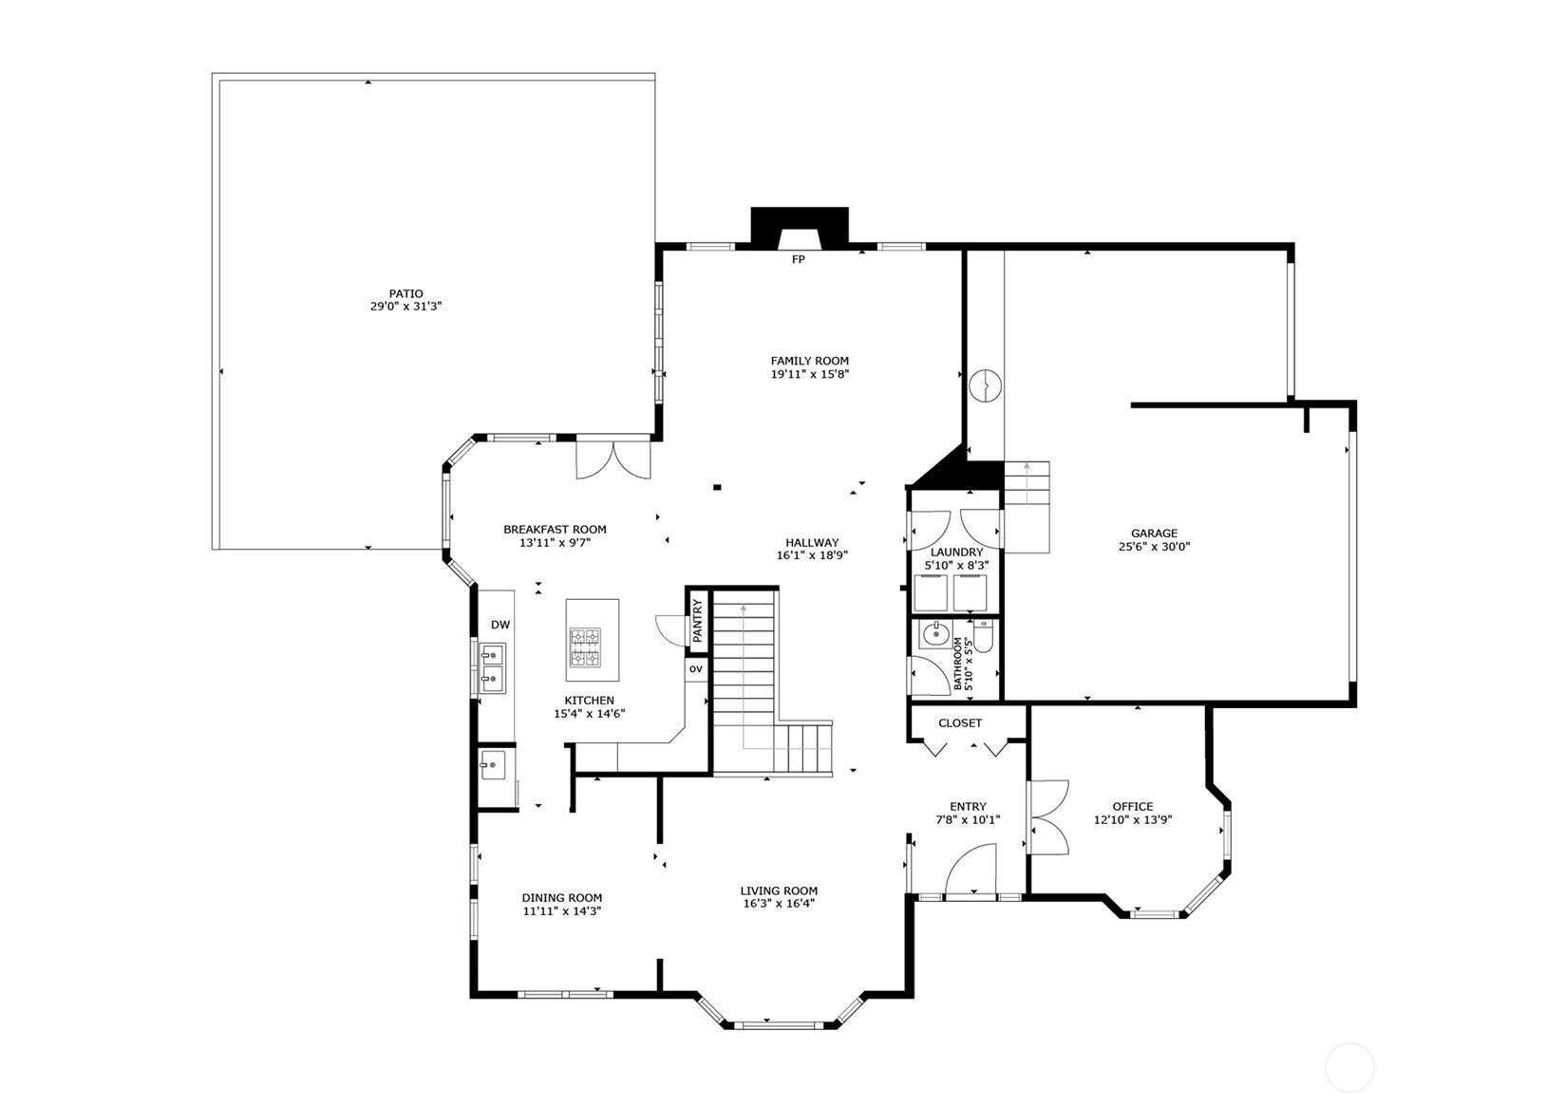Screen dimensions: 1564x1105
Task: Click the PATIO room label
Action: pyautogui.click(x=405, y=294)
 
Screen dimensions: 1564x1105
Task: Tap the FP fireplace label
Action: pyautogui.click(x=798, y=260)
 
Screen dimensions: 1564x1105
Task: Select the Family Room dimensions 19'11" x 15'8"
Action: pyautogui.click(x=810, y=374)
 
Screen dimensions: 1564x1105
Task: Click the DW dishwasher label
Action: pyautogui.click(x=499, y=625)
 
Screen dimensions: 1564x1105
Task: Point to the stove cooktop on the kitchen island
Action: pyautogui.click(x=585, y=647)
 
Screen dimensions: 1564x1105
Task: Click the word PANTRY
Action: pyautogui.click(x=697, y=621)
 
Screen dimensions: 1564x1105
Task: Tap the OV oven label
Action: pyautogui.click(x=695, y=668)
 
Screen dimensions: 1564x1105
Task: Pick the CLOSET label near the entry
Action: pyautogui.click(x=960, y=723)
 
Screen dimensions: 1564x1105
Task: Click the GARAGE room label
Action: pyautogui.click(x=1154, y=534)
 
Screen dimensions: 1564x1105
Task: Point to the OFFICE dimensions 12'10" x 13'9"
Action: pyautogui.click(x=1133, y=819)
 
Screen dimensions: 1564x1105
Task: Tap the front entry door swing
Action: pyautogui.click(x=970, y=869)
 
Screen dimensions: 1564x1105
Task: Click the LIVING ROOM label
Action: pyautogui.click(x=779, y=890)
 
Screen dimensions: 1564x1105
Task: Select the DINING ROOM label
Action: pyautogui.click(x=561, y=898)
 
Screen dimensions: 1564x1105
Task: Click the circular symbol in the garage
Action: pyautogui.click(x=985, y=385)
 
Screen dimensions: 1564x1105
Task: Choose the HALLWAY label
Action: pyautogui.click(x=811, y=542)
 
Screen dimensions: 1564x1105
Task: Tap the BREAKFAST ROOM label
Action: pyautogui.click(x=556, y=529)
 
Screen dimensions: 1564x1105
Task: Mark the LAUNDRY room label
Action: pyautogui.click(x=956, y=552)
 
